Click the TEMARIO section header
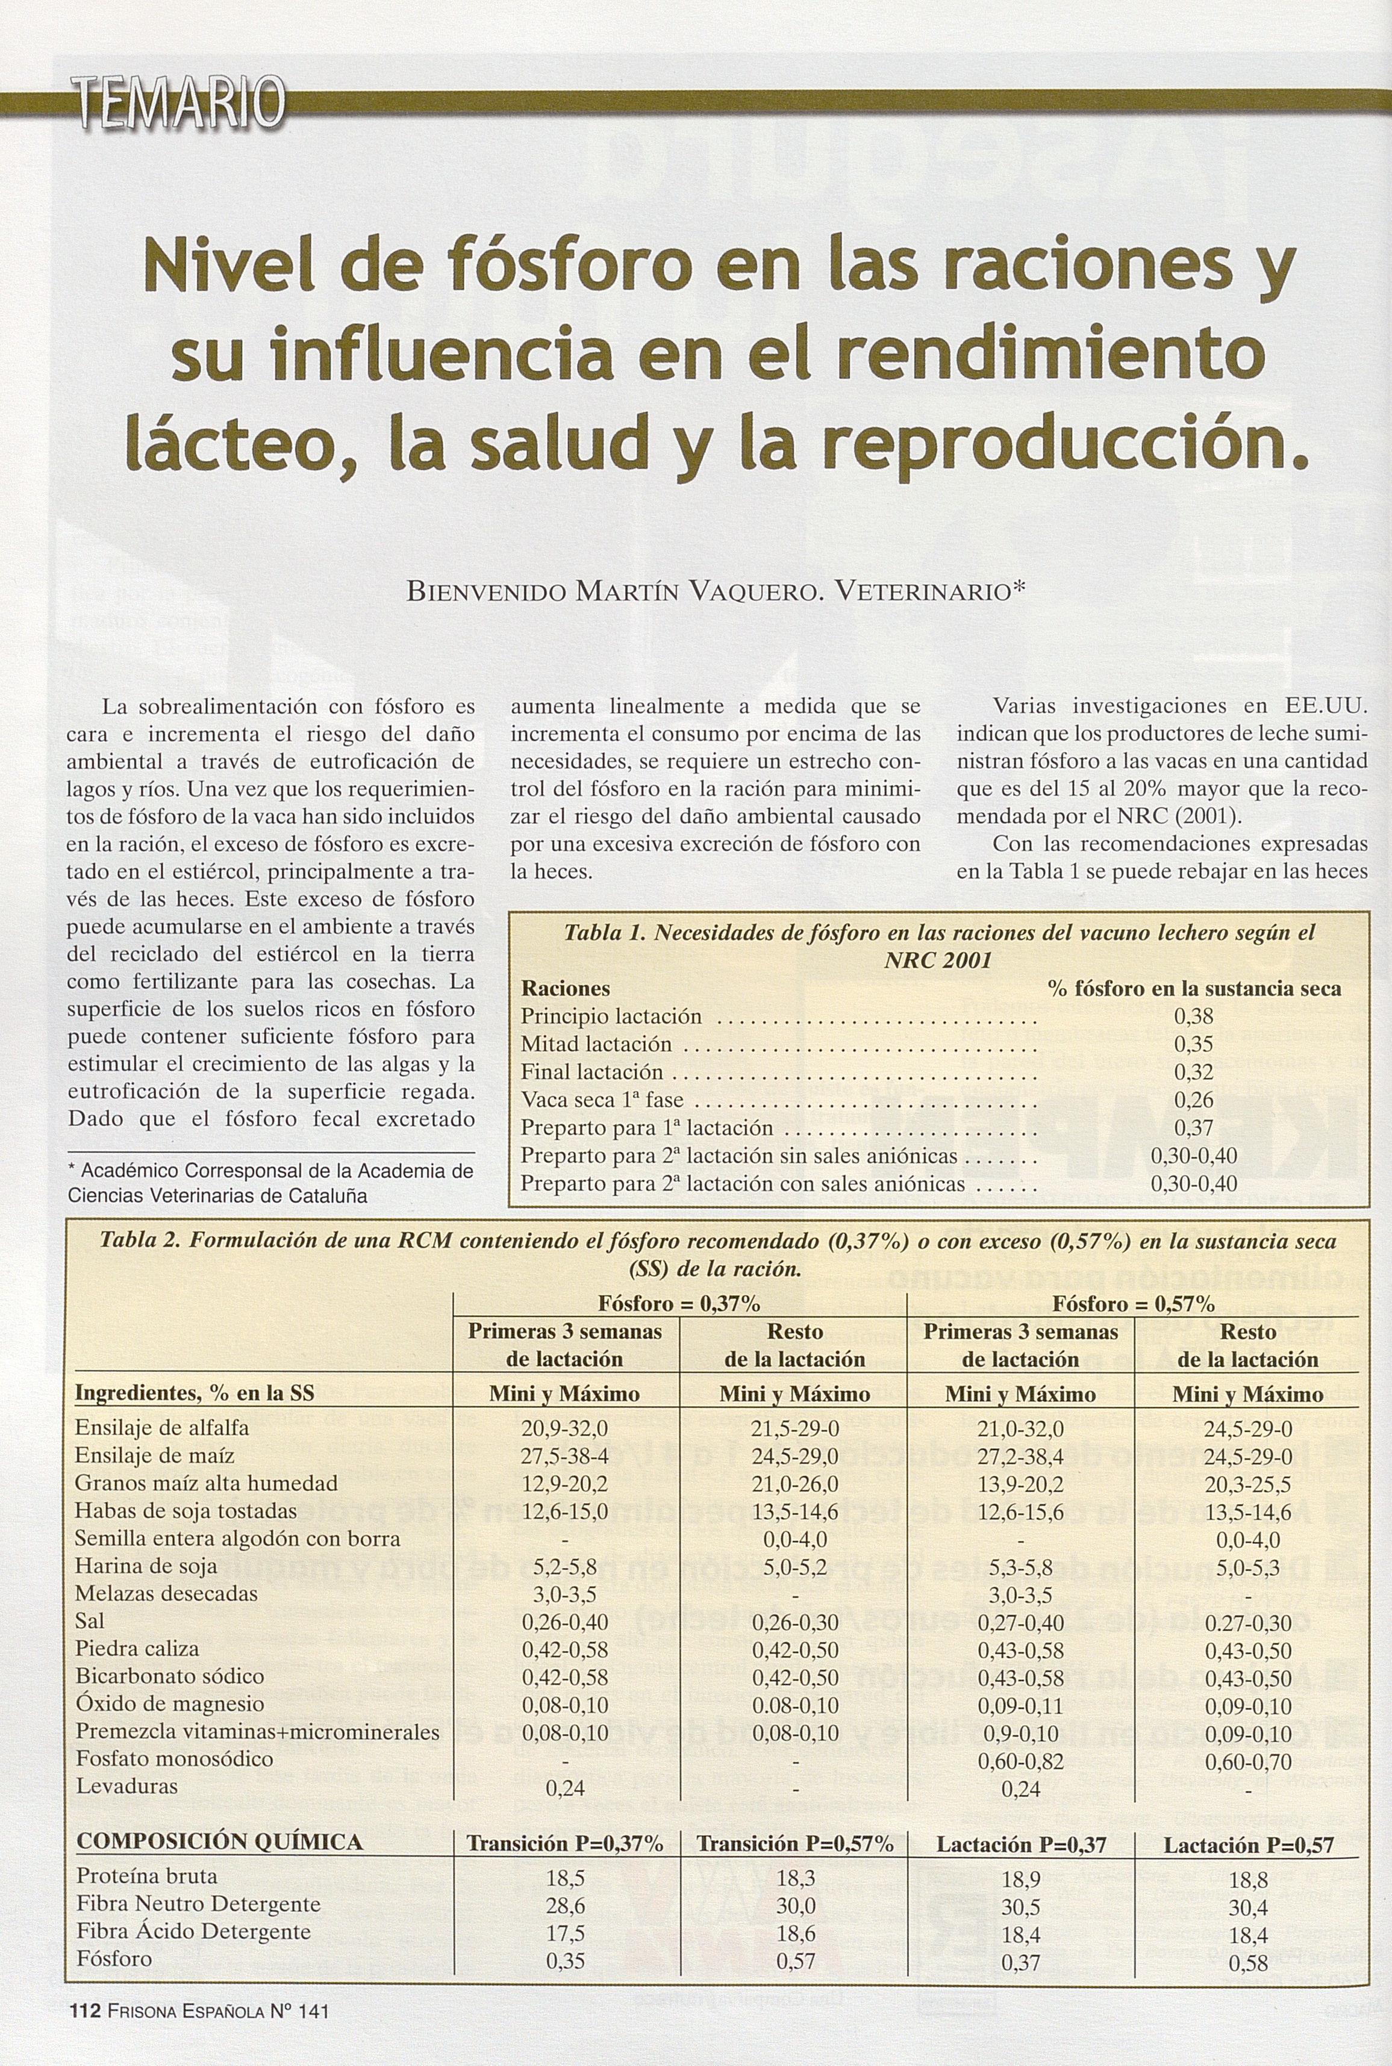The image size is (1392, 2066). pyautogui.click(x=181, y=105)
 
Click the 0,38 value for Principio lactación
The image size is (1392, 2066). pyautogui.click(x=1193, y=1016)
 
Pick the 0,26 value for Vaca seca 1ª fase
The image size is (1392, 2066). pyautogui.click(x=1193, y=1101)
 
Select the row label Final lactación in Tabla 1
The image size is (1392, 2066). pyautogui.click(x=591, y=1072)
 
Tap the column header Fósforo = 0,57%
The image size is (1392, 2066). pyautogui.click(x=1133, y=1304)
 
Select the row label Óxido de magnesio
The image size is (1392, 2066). pyautogui.click(x=170, y=1704)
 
